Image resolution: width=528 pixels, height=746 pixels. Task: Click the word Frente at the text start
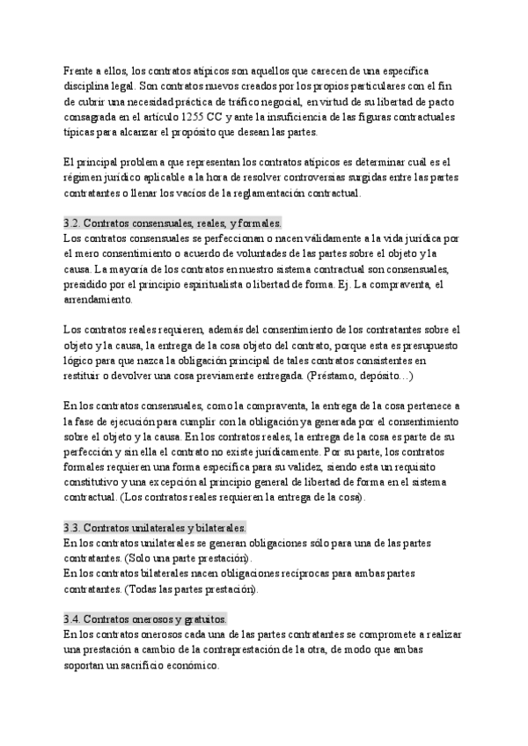[80, 69]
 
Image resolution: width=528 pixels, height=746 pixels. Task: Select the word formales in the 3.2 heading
[255, 223]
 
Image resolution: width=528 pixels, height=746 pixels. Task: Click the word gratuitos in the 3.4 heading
[201, 619]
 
